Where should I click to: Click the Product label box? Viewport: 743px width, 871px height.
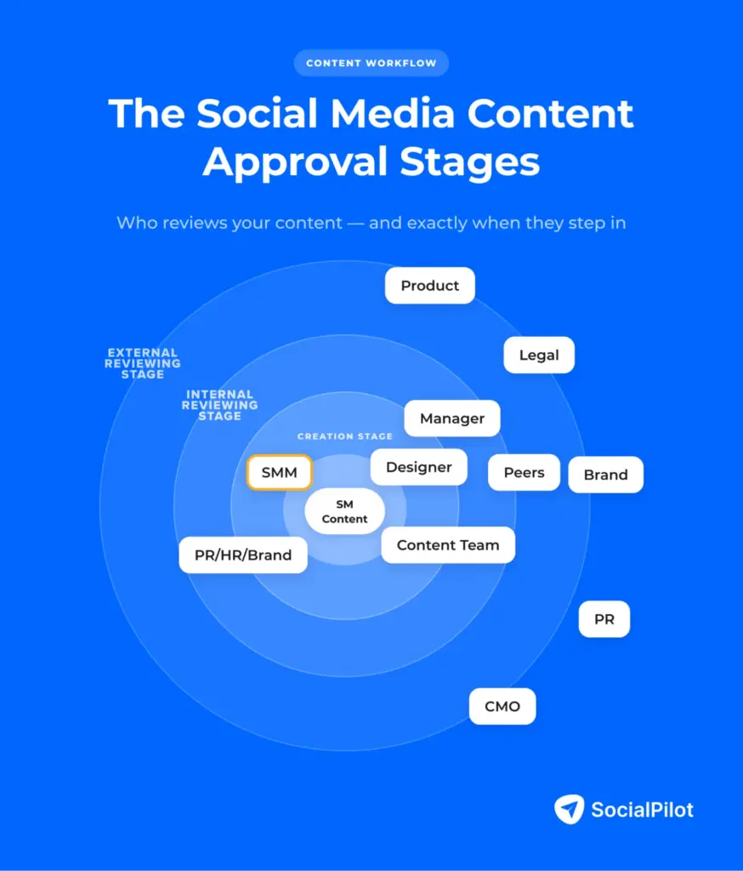tap(429, 286)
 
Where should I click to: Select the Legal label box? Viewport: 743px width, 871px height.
tap(539, 355)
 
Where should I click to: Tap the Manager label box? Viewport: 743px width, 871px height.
tap(451, 418)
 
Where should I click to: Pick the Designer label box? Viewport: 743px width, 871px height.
tap(418, 467)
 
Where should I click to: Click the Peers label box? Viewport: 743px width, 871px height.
tap(524, 473)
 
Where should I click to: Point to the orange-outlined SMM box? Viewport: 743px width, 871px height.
tap(279, 473)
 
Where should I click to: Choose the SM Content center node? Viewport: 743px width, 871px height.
tap(344, 512)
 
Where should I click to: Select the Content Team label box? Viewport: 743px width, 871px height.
tap(448, 545)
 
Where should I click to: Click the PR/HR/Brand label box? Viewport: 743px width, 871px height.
tap(243, 555)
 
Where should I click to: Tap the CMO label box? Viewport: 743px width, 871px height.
tap(502, 707)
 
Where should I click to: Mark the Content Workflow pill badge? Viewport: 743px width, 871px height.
tap(371, 63)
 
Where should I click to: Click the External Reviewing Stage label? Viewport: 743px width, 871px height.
tap(142, 363)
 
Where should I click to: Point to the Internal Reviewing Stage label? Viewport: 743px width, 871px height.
tap(219, 405)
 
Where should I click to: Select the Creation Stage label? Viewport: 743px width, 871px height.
tap(344, 436)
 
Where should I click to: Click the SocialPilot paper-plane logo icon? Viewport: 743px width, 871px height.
tap(569, 809)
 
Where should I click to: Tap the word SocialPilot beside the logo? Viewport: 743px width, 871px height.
tap(643, 810)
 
